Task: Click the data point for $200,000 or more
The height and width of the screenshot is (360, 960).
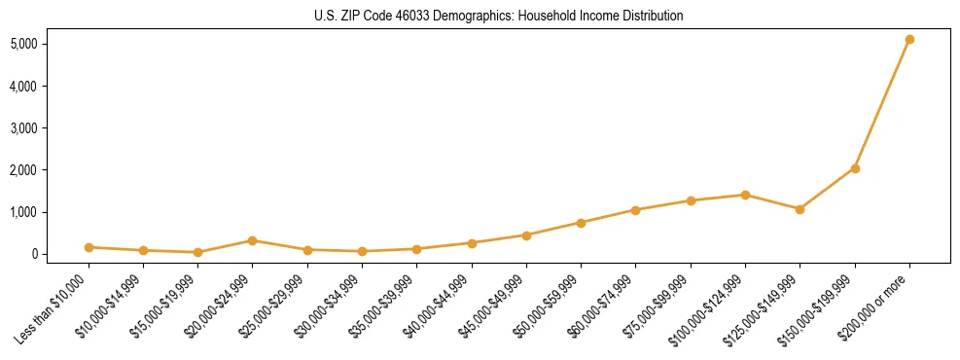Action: (x=909, y=40)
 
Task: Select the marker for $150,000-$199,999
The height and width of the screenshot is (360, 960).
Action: (x=855, y=168)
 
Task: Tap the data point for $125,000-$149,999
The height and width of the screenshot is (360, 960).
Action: (x=800, y=209)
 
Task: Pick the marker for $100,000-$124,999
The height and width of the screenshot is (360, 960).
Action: (x=745, y=195)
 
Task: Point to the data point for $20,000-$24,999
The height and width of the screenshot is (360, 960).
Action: (x=252, y=240)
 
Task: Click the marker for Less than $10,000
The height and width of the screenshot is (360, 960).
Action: (x=89, y=247)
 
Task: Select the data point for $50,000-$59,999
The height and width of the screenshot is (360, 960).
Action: (x=581, y=223)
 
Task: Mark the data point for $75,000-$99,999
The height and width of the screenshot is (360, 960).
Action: (x=691, y=200)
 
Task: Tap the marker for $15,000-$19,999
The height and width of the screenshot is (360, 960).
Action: (x=197, y=252)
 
